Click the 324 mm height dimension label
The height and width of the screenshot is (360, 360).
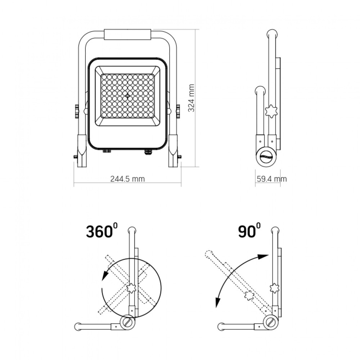click(x=191, y=98)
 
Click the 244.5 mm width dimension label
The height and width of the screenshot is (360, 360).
click(x=127, y=179)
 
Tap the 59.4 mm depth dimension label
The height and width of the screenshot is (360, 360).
click(x=271, y=179)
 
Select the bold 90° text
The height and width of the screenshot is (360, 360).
click(x=249, y=230)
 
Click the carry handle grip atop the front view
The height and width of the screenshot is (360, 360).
click(x=127, y=35)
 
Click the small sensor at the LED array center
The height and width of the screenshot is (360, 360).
click(x=127, y=96)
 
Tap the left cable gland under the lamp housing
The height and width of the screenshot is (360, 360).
click(x=107, y=151)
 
